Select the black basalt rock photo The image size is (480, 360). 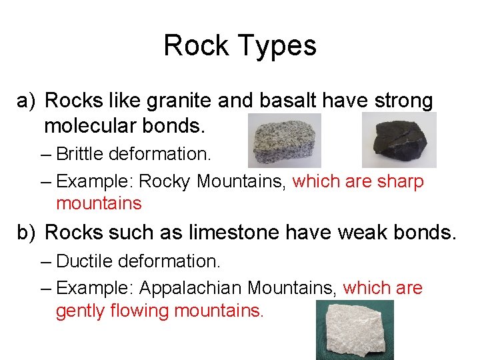pos(399,139)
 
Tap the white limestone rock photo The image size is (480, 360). pos(355,329)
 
